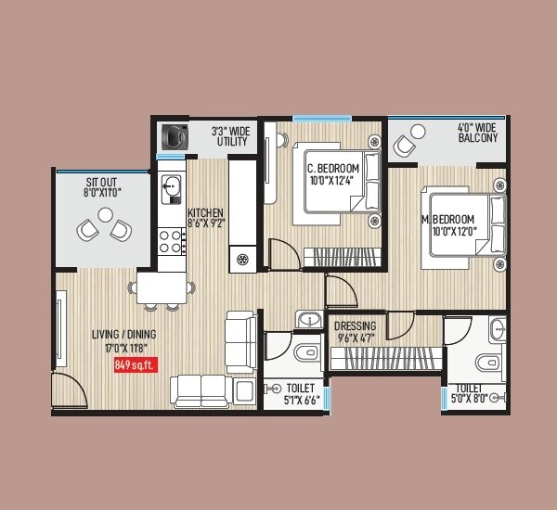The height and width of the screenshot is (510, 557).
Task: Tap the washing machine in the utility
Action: pos(172,135)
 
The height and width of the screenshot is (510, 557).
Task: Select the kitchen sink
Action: pos(170,189)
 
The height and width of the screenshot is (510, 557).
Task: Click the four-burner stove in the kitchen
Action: pos(170,242)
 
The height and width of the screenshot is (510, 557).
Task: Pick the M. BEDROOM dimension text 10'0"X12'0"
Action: pos(453,231)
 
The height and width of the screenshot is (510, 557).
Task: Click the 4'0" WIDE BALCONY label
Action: pos(477,132)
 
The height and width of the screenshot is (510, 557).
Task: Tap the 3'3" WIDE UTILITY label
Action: pos(229,136)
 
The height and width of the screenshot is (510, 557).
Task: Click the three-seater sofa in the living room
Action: pos(201,389)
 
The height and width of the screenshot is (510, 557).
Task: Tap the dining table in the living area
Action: pos(164,287)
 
